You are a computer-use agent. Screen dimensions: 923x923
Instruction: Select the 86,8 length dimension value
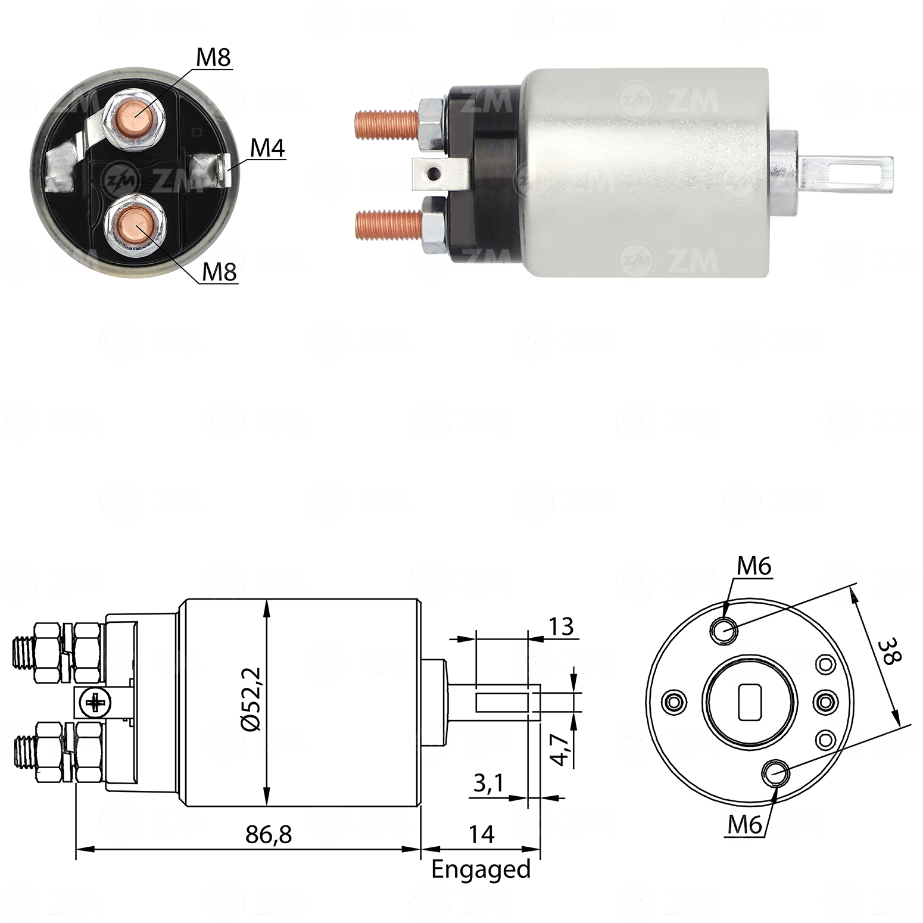tap(269, 835)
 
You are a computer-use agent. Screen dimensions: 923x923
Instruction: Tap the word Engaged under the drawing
tap(481, 870)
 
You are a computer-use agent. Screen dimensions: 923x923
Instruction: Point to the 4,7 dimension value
tap(559, 750)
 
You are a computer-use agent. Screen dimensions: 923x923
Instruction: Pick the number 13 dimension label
tap(560, 626)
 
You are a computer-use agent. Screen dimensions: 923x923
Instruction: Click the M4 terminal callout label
tap(267, 148)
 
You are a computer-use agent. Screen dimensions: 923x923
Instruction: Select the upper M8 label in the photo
tap(213, 58)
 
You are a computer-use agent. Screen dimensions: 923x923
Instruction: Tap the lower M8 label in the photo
tap(219, 272)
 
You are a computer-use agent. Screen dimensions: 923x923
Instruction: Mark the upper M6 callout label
tap(754, 566)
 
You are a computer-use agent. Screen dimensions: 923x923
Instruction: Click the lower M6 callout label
tap(744, 825)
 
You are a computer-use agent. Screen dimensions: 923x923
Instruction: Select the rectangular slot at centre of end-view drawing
tap(750, 702)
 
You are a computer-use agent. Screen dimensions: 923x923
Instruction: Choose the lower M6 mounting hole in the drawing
tap(775, 774)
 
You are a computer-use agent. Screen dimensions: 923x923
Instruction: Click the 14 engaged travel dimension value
tap(481, 835)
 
